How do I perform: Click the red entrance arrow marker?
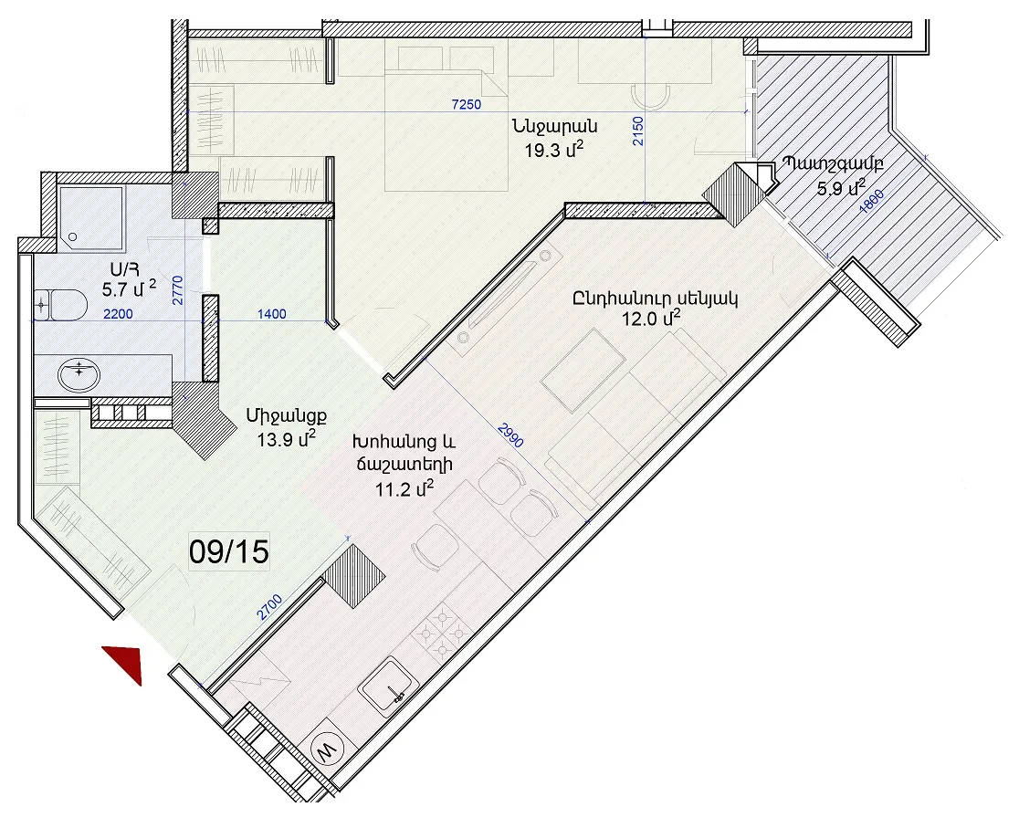click(127, 662)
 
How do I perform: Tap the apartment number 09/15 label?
click(229, 552)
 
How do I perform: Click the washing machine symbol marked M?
click(325, 750)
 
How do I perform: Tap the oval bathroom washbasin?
click(79, 375)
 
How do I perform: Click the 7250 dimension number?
click(467, 104)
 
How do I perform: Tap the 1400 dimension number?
click(272, 314)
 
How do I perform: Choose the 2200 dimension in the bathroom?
click(119, 314)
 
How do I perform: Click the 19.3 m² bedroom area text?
click(553, 151)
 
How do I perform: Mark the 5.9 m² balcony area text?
click(841, 188)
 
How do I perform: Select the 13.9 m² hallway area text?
click(287, 440)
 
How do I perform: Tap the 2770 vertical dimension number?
click(178, 290)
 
